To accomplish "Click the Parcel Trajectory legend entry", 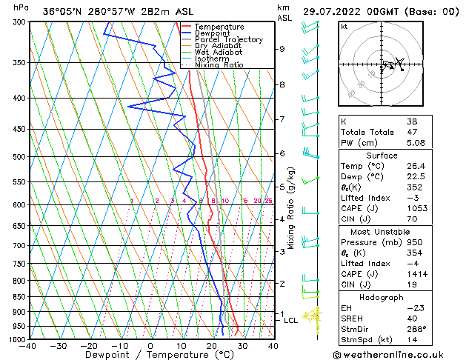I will [228, 39].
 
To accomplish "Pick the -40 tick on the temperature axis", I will [28, 346].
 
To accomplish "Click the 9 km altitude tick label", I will [282, 49].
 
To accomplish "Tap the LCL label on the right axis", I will [290, 320].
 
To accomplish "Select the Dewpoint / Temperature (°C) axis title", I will [150, 355].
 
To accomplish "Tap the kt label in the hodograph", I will [344, 26].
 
